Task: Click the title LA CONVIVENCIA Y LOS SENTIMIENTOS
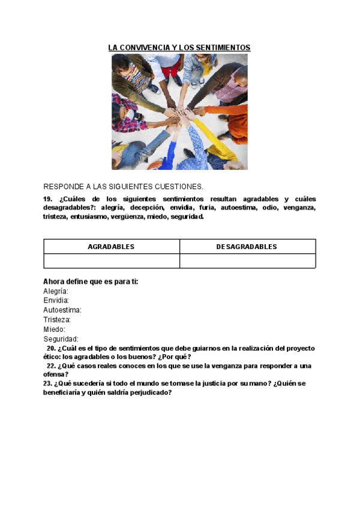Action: tap(179, 47)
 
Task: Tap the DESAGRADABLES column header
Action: tap(247, 247)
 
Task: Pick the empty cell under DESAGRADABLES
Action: tap(247, 261)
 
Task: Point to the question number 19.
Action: tap(48, 199)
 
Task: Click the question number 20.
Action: tap(51, 348)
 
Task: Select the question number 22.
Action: tap(51, 366)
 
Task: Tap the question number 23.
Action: tap(47, 383)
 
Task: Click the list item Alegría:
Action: tap(56, 291)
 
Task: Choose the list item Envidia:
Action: tap(56, 300)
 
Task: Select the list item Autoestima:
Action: tap(62, 310)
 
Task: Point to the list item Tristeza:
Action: tap(58, 320)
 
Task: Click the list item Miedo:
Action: tap(55, 330)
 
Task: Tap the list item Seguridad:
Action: tap(61, 339)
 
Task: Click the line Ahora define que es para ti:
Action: tap(91, 282)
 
